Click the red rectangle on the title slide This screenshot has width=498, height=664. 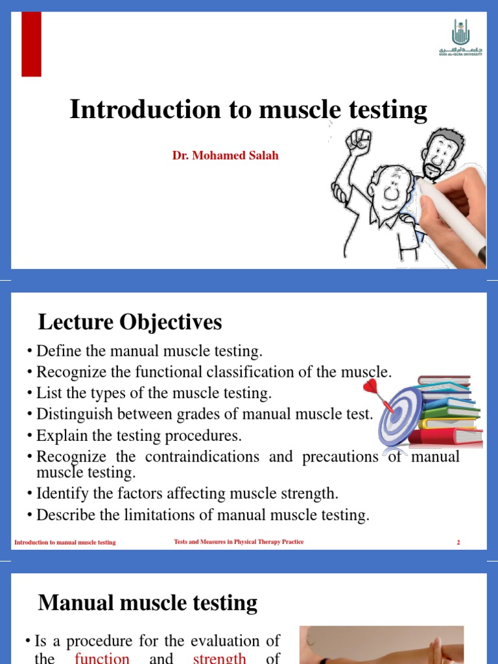click(x=31, y=44)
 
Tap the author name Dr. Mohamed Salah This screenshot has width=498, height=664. click(x=225, y=156)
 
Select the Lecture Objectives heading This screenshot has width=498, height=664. click(x=130, y=322)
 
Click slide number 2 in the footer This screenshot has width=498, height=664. click(x=458, y=542)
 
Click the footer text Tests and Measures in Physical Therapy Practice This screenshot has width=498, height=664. click(x=239, y=542)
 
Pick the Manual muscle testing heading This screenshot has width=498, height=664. click(x=148, y=603)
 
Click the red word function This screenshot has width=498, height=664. click(x=102, y=658)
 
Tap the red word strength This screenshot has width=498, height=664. click(x=220, y=658)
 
